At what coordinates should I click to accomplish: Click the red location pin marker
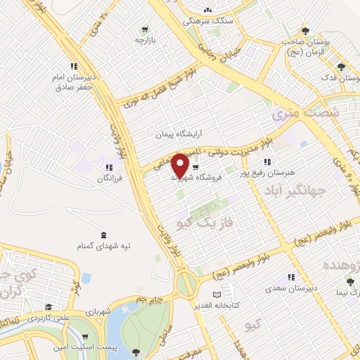[181, 165]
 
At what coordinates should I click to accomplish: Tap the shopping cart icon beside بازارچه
[145, 30]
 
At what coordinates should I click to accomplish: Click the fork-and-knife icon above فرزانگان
[109, 167]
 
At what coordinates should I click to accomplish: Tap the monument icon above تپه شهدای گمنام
[105, 235]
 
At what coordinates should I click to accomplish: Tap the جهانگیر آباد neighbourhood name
[296, 190]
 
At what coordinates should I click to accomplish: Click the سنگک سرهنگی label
[205, 22]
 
